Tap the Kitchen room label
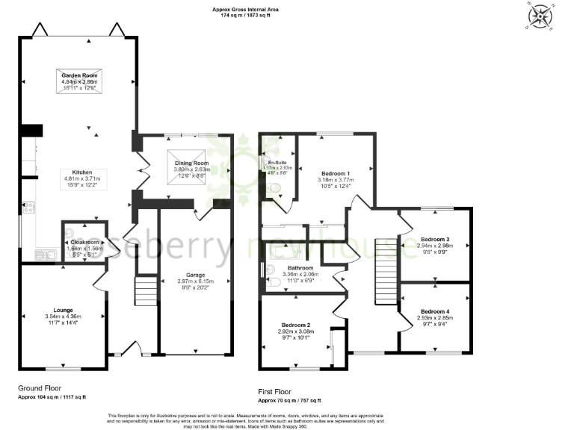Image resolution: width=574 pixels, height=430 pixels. (81, 171)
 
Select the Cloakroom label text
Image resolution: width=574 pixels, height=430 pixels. (83, 242)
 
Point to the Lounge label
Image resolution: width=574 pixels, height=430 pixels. (63, 308)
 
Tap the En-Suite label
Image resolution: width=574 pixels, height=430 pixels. (278, 162)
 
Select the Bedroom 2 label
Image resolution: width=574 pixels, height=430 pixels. (296, 325)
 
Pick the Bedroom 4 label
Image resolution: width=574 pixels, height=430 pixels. (434, 311)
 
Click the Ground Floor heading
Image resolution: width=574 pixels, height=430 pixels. (39, 388)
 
